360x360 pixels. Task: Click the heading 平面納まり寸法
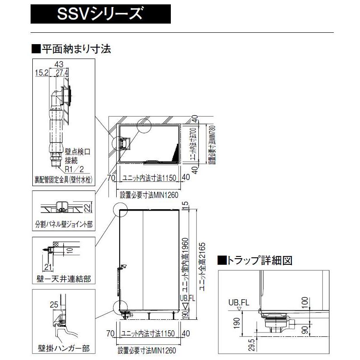(72, 48)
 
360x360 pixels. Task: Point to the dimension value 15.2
(43, 72)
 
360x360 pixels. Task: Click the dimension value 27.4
(62, 72)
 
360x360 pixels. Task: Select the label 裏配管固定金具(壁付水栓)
(63, 180)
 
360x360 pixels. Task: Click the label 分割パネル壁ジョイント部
(63, 225)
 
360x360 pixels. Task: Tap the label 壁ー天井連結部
(63, 278)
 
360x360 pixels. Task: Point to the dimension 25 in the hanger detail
(54, 304)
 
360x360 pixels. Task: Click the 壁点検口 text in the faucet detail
(77, 152)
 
